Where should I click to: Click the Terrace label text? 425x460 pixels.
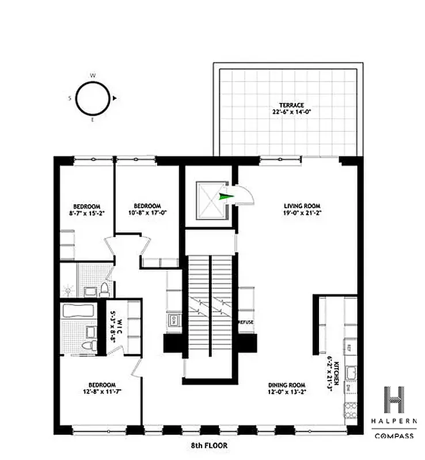(x=288, y=109)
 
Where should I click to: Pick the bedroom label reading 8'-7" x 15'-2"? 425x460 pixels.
(x=86, y=210)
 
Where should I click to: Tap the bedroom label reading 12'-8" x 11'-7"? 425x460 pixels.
(x=102, y=389)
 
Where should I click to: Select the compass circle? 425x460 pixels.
(x=93, y=98)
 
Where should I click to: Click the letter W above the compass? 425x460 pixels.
(x=93, y=75)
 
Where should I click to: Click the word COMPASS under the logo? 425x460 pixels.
(x=394, y=436)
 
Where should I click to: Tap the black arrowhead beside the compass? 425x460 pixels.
(x=115, y=98)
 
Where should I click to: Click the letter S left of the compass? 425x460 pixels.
(x=70, y=98)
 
